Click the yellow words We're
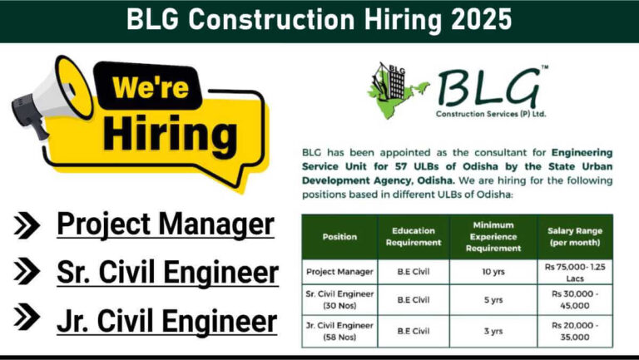pos(151,86)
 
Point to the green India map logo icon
pos(397,91)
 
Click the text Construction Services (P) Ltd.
pos(491,114)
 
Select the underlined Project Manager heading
pos(166,224)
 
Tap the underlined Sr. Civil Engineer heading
pos(167,273)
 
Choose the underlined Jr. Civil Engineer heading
pos(167,320)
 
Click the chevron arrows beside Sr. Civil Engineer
pos(27,271)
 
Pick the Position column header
pos(339,237)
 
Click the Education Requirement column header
pos(414,237)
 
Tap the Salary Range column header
pos(575,237)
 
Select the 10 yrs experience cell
pos(493,272)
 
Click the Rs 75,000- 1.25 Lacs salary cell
pos(575,273)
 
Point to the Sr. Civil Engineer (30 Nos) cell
pos(339,300)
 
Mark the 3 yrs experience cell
pos(493,331)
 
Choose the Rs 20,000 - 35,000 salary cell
pos(575,331)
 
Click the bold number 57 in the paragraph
pos(402,166)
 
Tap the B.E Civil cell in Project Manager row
pos(414,272)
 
